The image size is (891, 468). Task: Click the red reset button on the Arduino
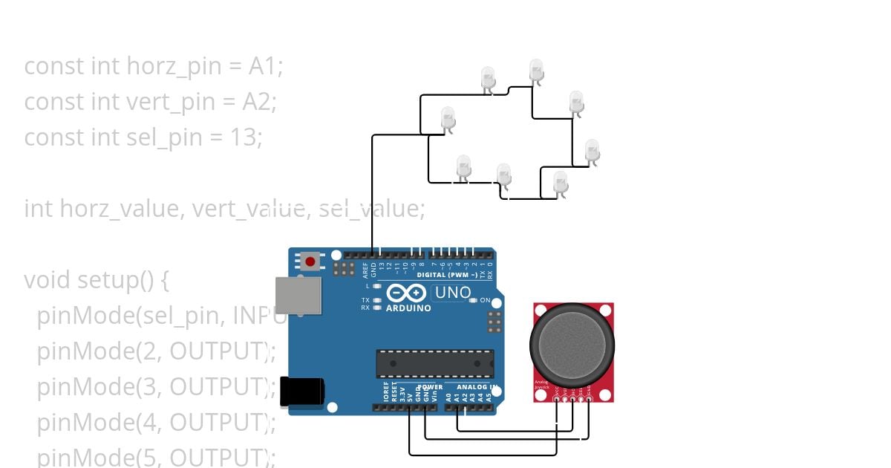[309, 261]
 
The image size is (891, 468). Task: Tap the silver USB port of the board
[298, 295]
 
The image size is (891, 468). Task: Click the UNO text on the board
[452, 293]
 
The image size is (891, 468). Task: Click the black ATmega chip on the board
[434, 363]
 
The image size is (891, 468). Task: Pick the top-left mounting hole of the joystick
[540, 309]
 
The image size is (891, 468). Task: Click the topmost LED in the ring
[536, 70]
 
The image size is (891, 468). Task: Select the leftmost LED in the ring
[448, 117]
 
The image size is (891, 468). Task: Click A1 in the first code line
[265, 66]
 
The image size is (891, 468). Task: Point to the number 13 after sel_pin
[244, 137]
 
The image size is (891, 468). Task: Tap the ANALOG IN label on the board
[475, 387]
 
